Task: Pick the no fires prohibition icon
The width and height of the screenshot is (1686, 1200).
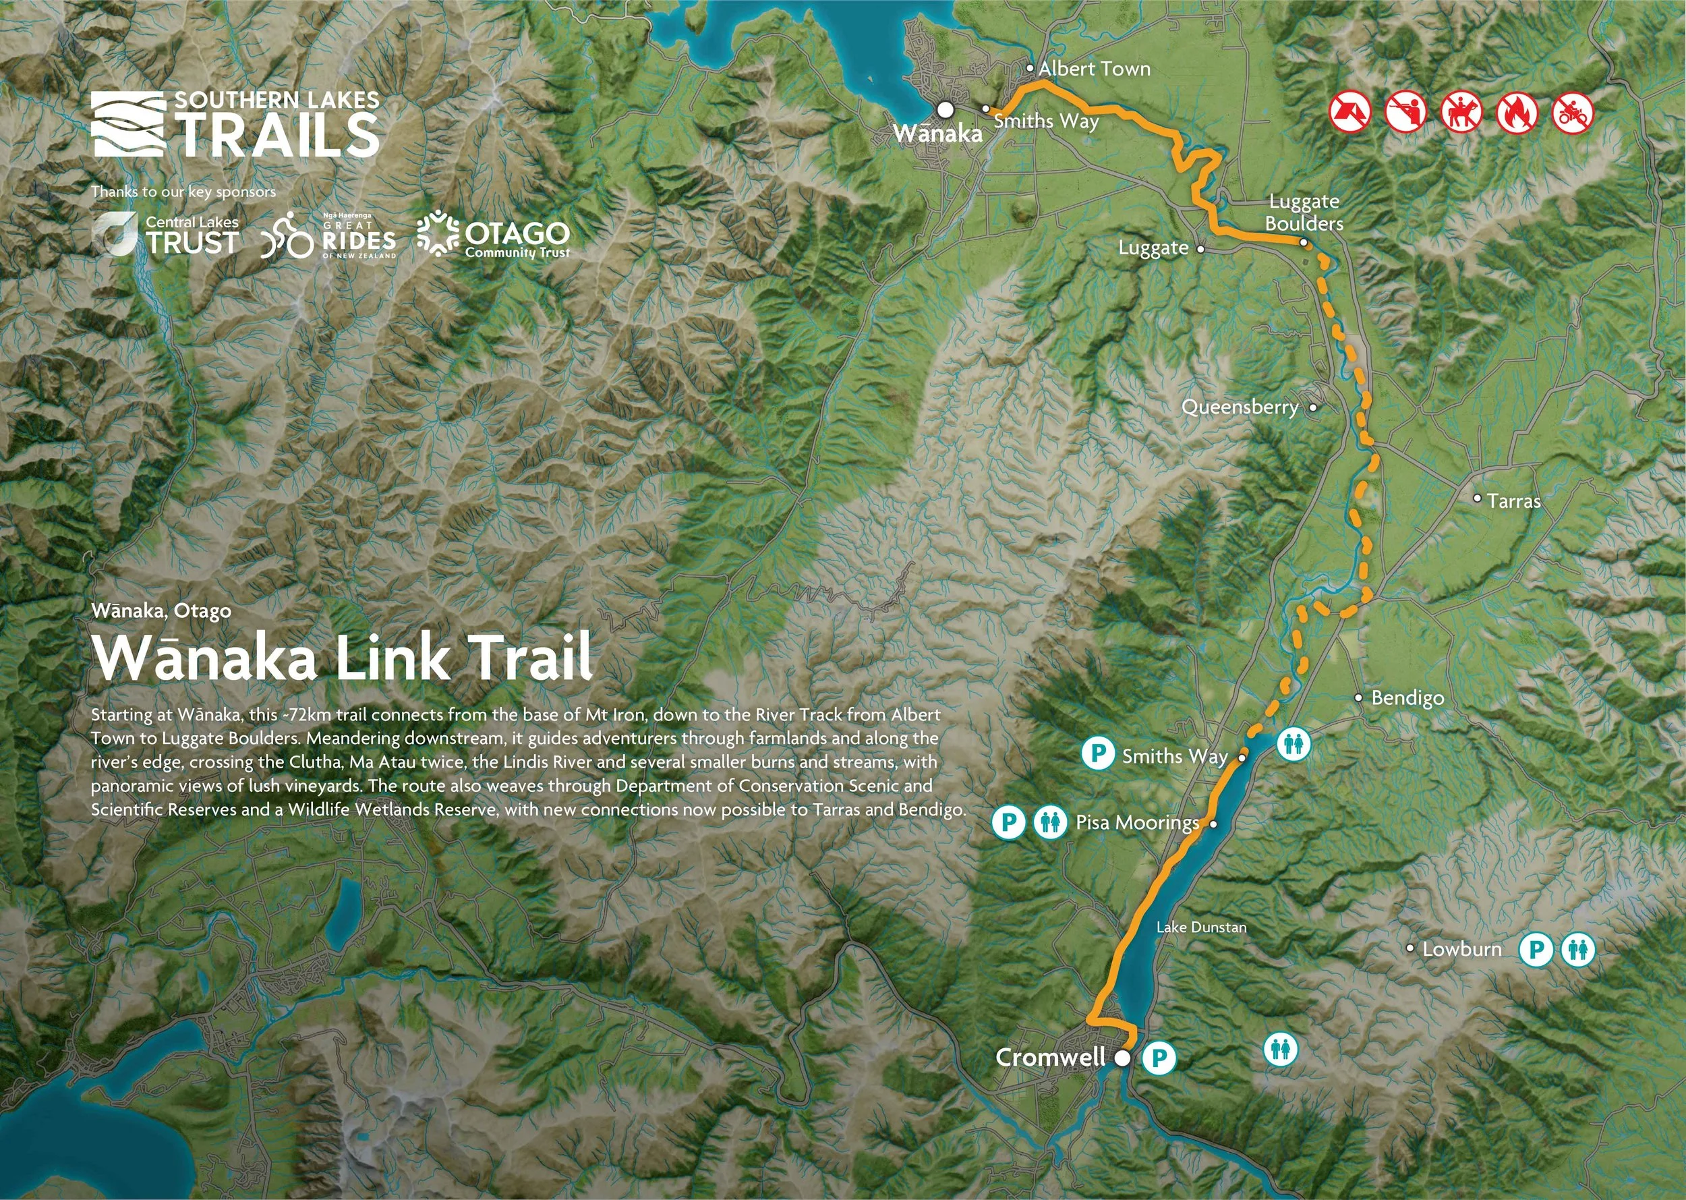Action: [x=1517, y=113]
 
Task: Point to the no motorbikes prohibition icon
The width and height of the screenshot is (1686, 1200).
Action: [x=1573, y=113]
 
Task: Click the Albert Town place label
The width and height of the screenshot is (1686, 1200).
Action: [x=1094, y=69]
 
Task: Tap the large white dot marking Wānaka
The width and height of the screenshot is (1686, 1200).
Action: [x=945, y=110]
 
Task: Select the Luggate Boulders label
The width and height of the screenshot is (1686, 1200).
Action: [x=1304, y=212]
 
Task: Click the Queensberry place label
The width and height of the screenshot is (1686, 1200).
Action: [x=1240, y=407]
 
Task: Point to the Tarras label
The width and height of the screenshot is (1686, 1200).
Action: [x=1514, y=501]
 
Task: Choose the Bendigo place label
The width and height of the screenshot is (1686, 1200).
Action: [x=1407, y=697]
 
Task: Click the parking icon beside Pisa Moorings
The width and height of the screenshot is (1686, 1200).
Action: [x=1008, y=822]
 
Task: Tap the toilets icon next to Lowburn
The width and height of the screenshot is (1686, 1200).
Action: [x=1578, y=950]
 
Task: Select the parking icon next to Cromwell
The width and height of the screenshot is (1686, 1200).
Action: [x=1159, y=1058]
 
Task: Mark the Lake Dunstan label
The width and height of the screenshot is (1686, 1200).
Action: [x=1201, y=927]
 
